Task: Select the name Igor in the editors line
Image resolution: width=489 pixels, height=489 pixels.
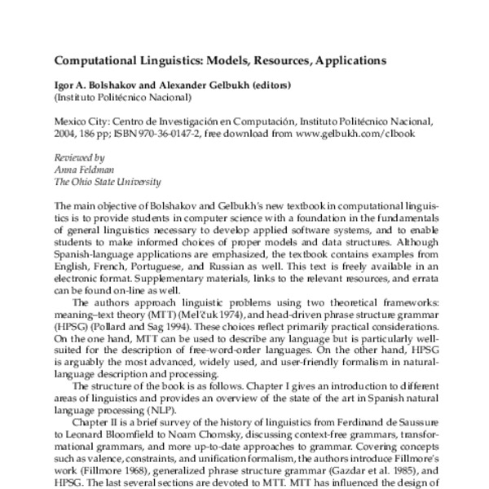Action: [64, 85]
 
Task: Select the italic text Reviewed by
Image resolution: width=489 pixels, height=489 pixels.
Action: [78, 159]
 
